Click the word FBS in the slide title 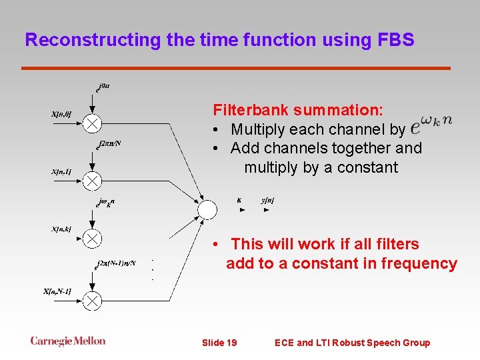395,40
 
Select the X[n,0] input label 61,114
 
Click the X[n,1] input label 61,172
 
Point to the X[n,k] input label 61,229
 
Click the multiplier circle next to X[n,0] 93,123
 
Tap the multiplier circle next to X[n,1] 93,180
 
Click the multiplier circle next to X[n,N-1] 93,301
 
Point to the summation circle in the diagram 207,209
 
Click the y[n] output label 267,199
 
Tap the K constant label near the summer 239,199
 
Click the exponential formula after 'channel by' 431,124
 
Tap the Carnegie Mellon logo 68,341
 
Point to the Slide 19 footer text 219,343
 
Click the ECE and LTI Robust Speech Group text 352,343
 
